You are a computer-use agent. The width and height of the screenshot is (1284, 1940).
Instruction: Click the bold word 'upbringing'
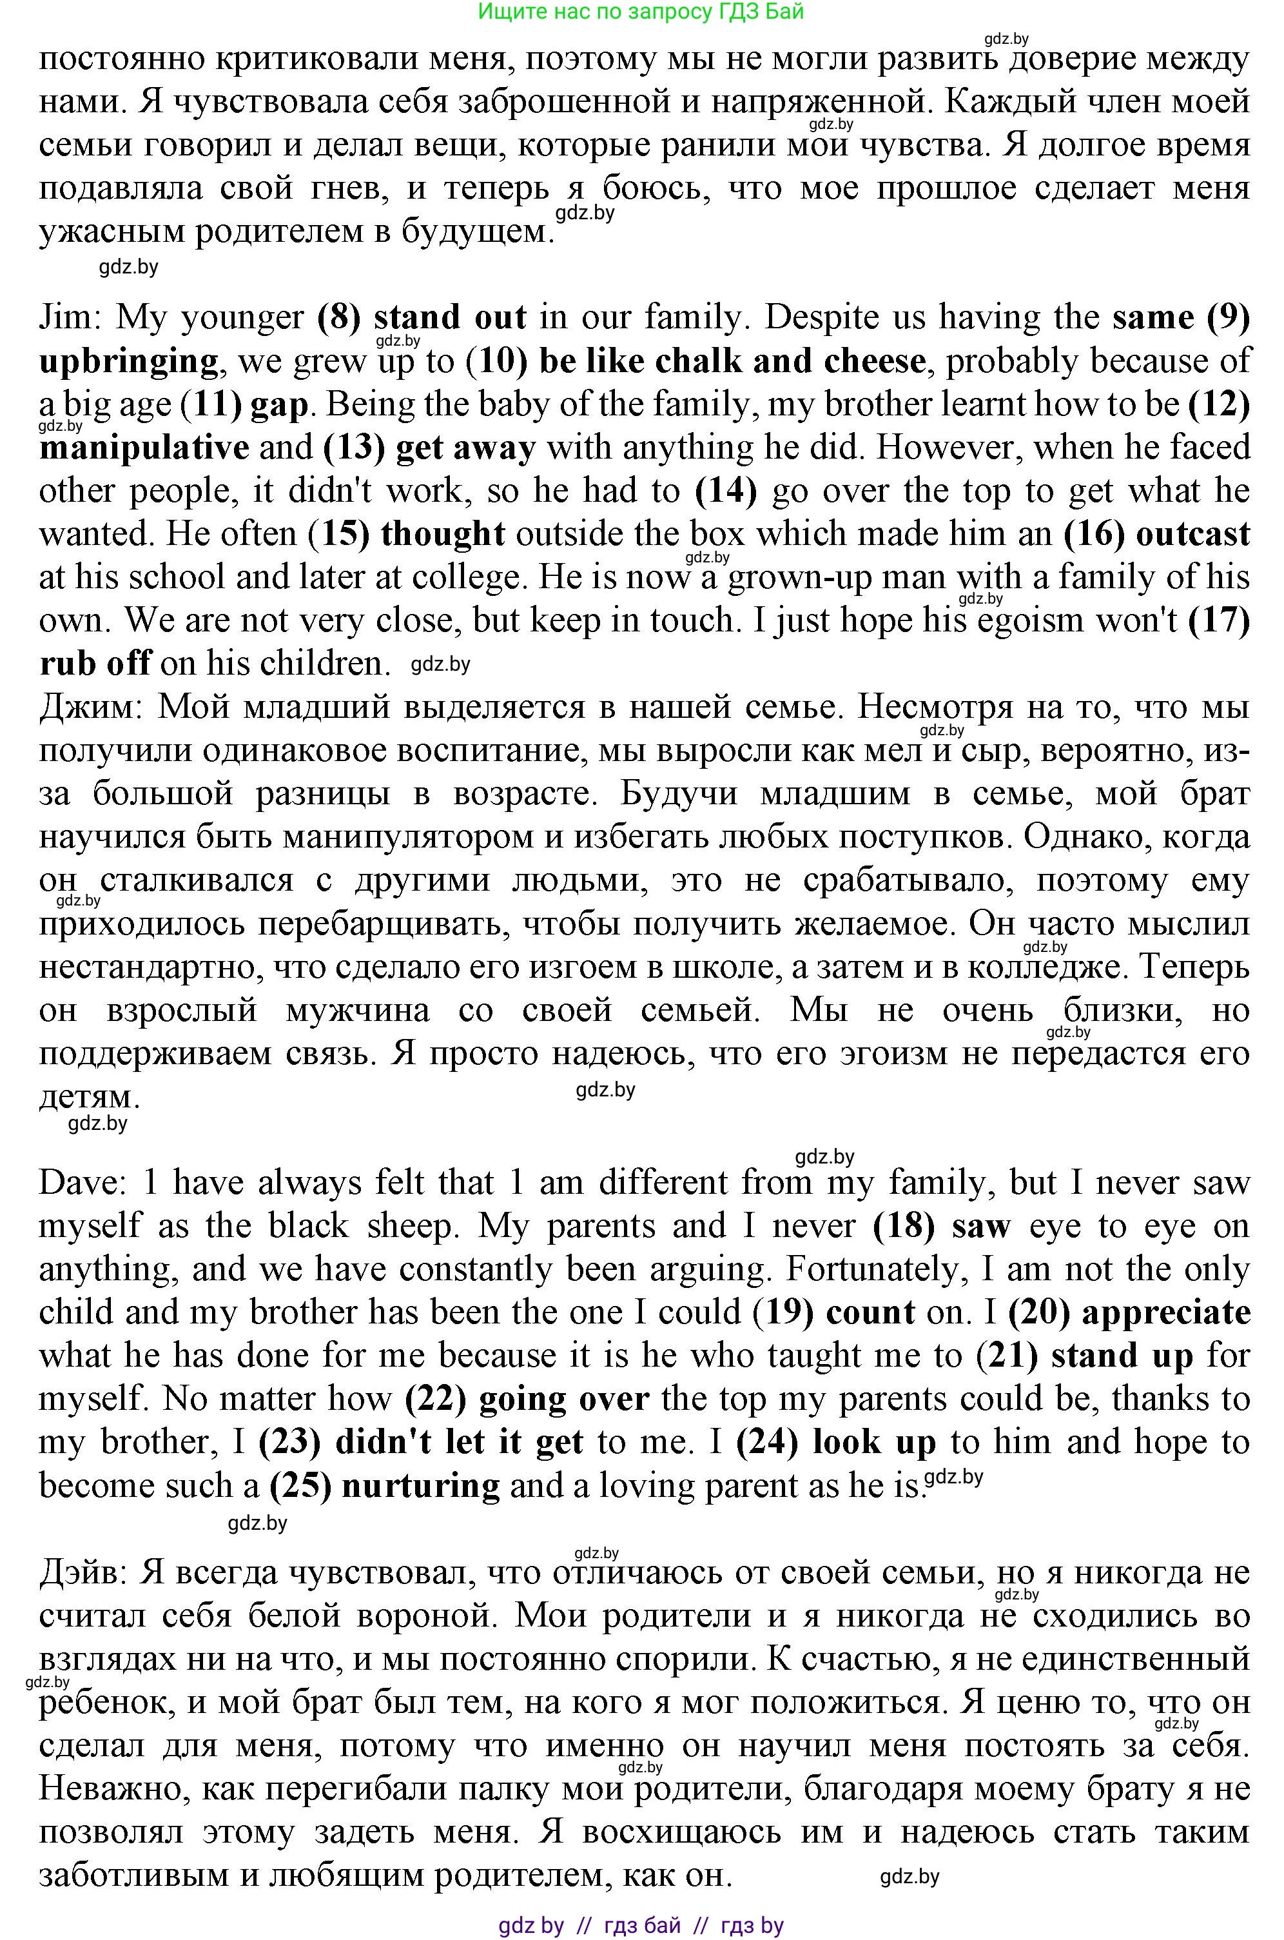pyautogui.click(x=128, y=361)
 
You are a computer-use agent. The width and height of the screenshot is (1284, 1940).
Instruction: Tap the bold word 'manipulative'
pyautogui.click(x=144, y=448)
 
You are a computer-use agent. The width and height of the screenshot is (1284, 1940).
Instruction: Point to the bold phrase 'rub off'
pyautogui.click(x=94, y=663)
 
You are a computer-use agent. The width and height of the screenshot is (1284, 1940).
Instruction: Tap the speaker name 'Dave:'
pyautogui.click(x=85, y=1183)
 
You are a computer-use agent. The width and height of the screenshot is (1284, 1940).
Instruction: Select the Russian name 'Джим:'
pyautogui.click(x=91, y=706)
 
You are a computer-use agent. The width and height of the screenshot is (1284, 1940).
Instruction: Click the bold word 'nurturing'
pyautogui.click(x=420, y=1485)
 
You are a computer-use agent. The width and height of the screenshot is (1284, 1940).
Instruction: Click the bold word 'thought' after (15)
pyautogui.click(x=443, y=534)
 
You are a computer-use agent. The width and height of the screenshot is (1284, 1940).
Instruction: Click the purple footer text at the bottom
pyautogui.click(x=641, y=1925)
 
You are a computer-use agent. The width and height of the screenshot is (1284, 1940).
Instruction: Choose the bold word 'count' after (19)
pyautogui.click(x=870, y=1312)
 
